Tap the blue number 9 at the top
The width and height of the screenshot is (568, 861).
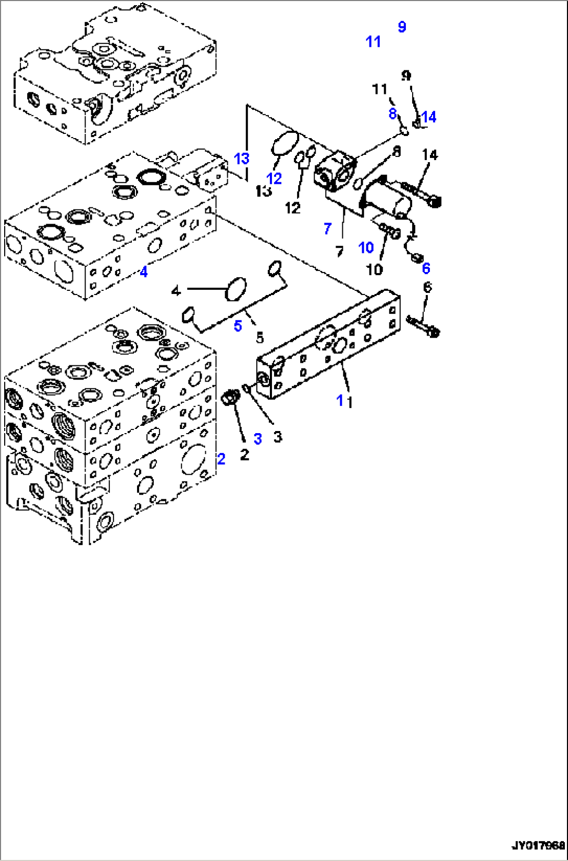click(x=402, y=27)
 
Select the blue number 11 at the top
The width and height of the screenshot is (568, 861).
click(x=373, y=42)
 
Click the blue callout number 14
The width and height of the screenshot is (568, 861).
click(x=429, y=117)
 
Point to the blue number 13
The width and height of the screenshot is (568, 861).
click(x=242, y=158)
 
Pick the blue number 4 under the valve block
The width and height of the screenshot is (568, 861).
click(x=144, y=272)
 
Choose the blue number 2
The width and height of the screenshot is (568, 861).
click(x=221, y=459)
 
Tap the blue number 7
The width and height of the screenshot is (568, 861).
click(x=327, y=228)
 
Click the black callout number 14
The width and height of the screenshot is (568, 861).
click(x=430, y=155)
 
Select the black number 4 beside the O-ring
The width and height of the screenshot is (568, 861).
click(x=176, y=290)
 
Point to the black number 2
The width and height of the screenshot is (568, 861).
click(x=244, y=455)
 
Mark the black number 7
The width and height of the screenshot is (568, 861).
click(x=340, y=252)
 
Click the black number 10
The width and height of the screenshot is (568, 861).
click(x=375, y=269)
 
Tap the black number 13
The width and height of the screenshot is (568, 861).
click(x=264, y=191)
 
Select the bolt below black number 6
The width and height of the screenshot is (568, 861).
click(x=423, y=325)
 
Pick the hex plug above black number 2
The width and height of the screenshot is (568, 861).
click(x=230, y=398)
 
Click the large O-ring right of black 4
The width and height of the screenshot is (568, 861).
click(x=235, y=289)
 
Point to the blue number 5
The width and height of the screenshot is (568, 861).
click(x=238, y=326)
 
